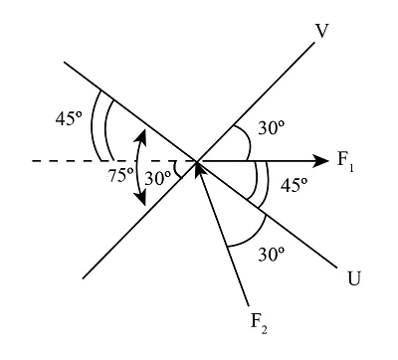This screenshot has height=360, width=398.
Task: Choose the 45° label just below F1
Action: point(294,185)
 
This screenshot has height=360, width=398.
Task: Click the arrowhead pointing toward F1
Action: point(320,160)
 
